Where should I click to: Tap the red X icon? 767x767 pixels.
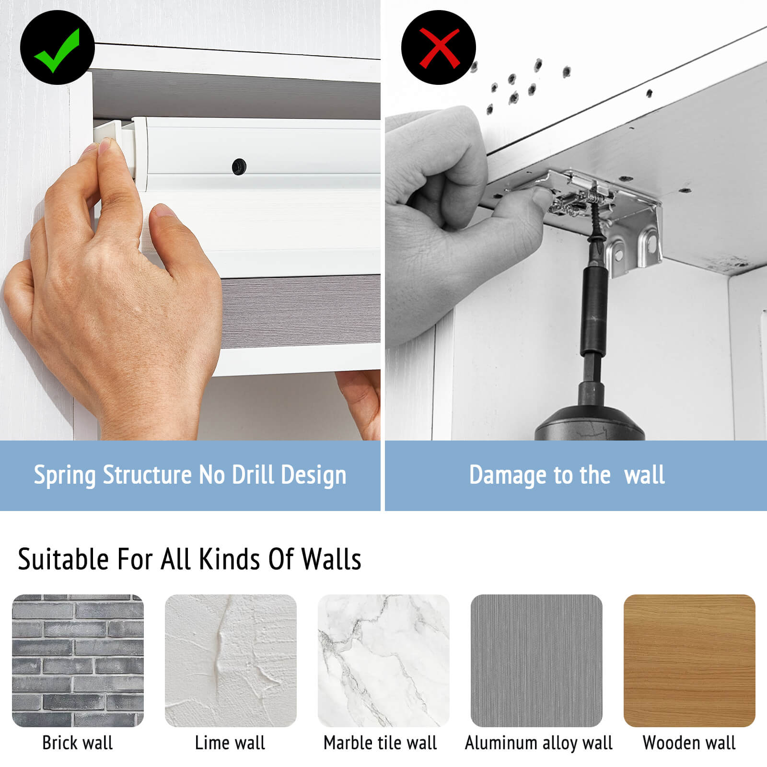(439, 47)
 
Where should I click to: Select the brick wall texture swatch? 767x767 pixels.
(78, 661)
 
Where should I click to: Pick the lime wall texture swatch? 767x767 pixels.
(231, 661)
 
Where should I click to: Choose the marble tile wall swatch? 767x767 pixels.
(383, 661)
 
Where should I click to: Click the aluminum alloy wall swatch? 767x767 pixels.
(536, 661)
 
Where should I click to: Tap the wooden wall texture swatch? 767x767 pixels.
(689, 661)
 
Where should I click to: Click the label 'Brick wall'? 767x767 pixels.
(78, 743)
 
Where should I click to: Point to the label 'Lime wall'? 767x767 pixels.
(230, 743)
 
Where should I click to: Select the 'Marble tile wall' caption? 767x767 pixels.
(380, 743)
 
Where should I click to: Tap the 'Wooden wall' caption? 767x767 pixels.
(689, 743)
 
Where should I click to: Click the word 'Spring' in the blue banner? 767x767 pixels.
(65, 476)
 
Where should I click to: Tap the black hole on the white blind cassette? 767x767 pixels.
(239, 166)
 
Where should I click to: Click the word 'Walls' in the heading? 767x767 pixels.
(331, 559)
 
